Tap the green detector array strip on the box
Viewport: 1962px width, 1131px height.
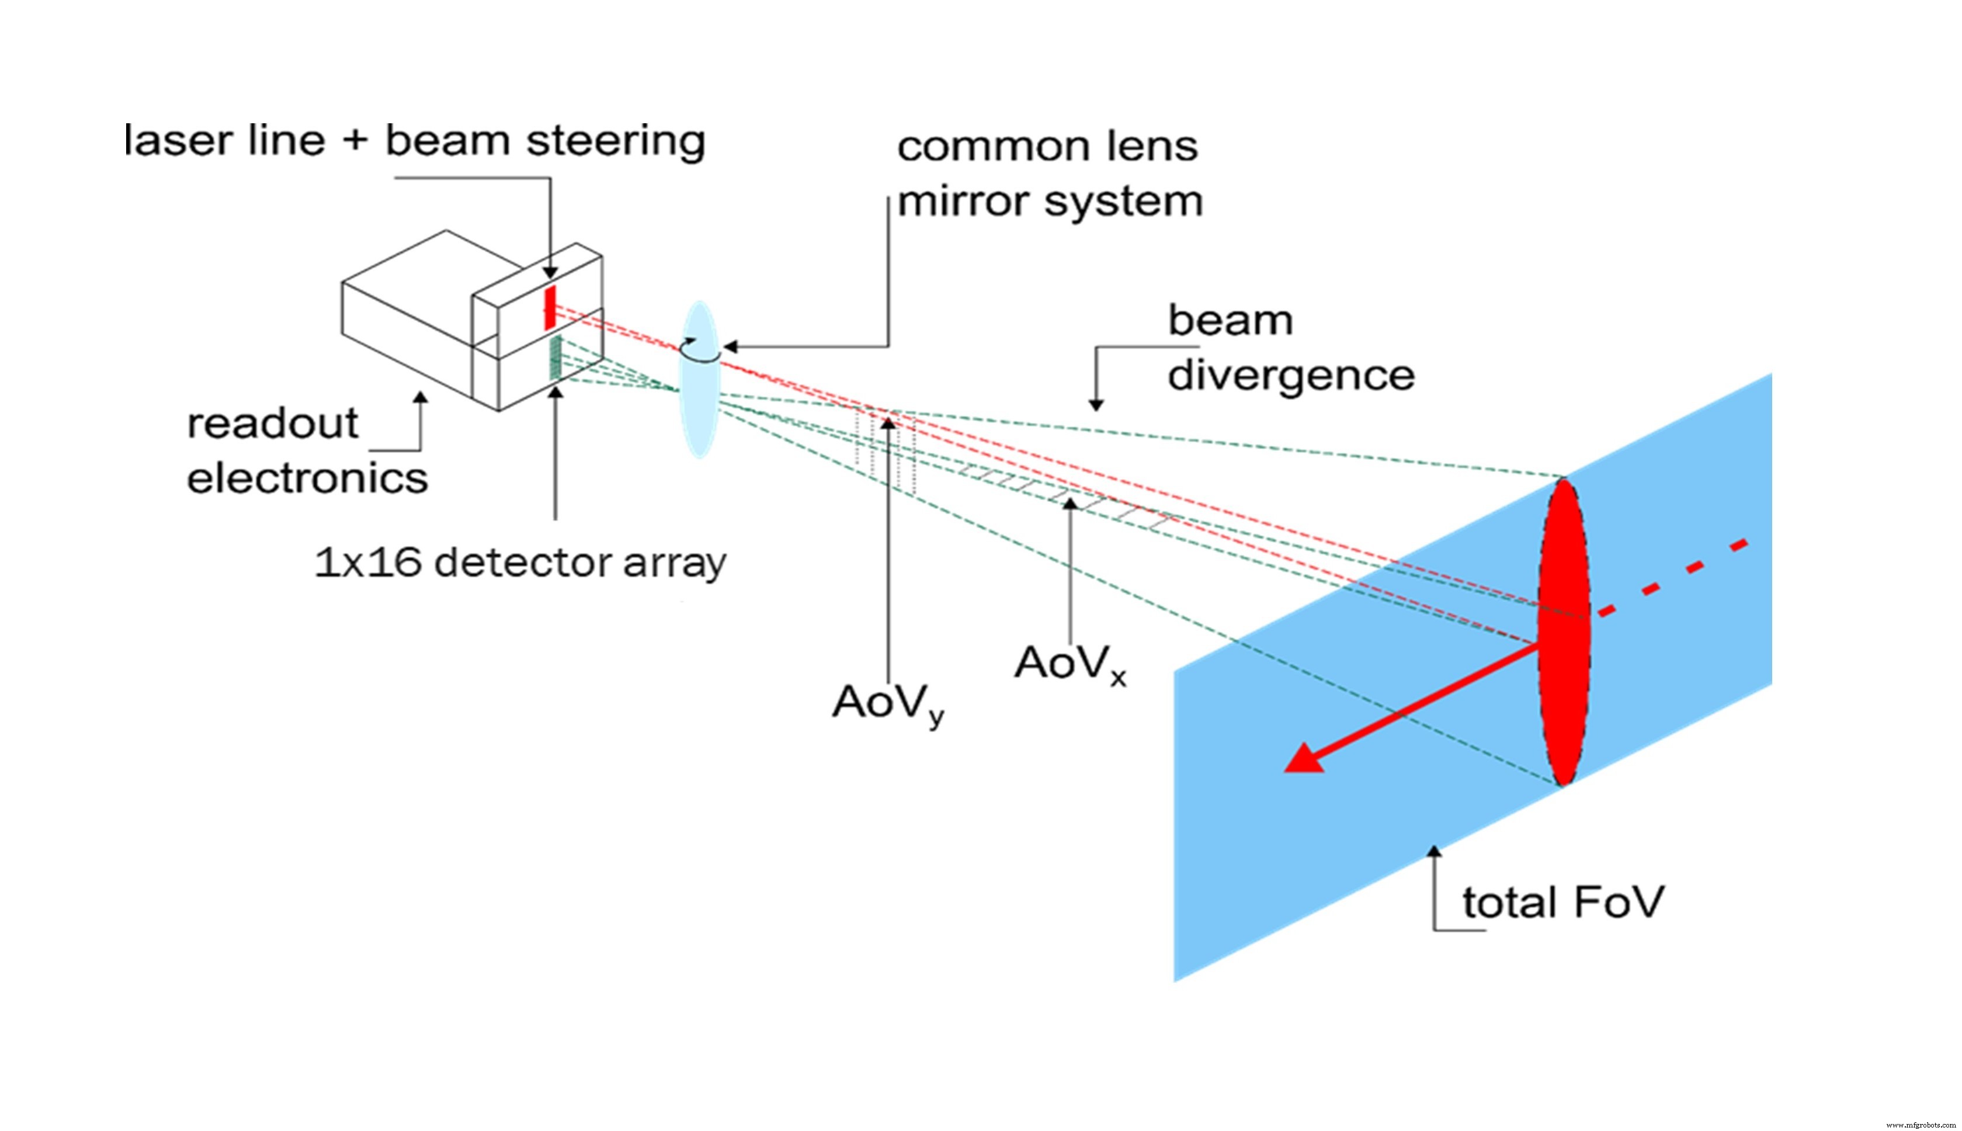[x=554, y=358]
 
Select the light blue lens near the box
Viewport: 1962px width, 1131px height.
[x=700, y=379]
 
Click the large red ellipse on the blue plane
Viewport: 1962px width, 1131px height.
[x=1564, y=632]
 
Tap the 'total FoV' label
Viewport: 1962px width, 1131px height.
[x=1564, y=902]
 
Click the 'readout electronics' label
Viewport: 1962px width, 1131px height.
[x=307, y=450]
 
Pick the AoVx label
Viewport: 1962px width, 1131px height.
[x=1070, y=664]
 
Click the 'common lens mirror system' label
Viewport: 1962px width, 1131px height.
[x=1050, y=174]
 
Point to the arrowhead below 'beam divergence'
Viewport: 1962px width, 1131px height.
[x=1096, y=404]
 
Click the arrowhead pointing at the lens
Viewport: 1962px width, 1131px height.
[x=730, y=346]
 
